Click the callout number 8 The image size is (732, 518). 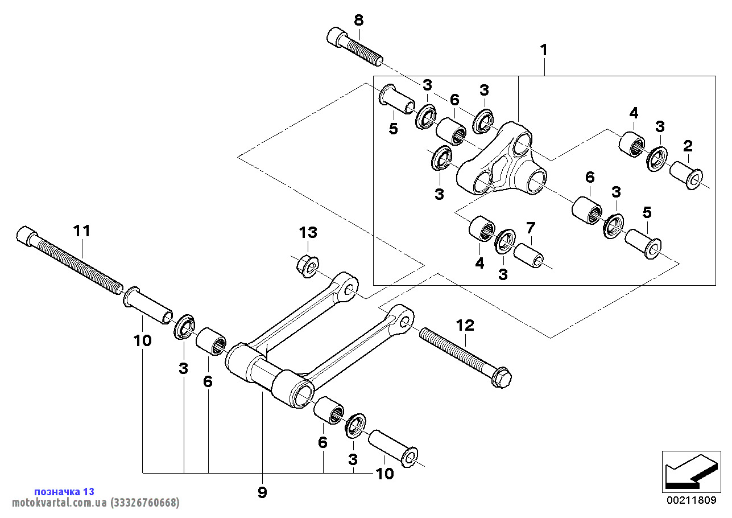tap(358, 20)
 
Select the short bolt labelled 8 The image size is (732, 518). tap(354, 46)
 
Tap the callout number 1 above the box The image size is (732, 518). tap(544, 50)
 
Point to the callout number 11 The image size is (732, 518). tap(81, 231)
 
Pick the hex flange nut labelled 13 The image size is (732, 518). tap(308, 266)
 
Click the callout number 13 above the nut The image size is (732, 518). tap(308, 232)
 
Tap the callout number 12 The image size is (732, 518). tap(465, 326)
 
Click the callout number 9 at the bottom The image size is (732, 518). tap(262, 492)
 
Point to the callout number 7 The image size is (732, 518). tap(530, 229)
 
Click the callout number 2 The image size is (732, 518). tap(688, 146)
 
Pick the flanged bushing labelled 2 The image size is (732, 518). tap(686, 175)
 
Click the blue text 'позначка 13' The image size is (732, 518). tap(64, 491)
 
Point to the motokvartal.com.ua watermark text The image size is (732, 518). tap(91, 503)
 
